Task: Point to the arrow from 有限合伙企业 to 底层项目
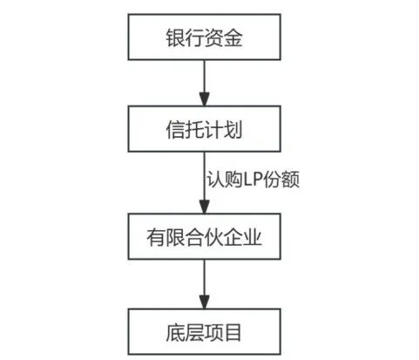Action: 203,283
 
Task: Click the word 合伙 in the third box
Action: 202,235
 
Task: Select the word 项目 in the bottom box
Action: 222,329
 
